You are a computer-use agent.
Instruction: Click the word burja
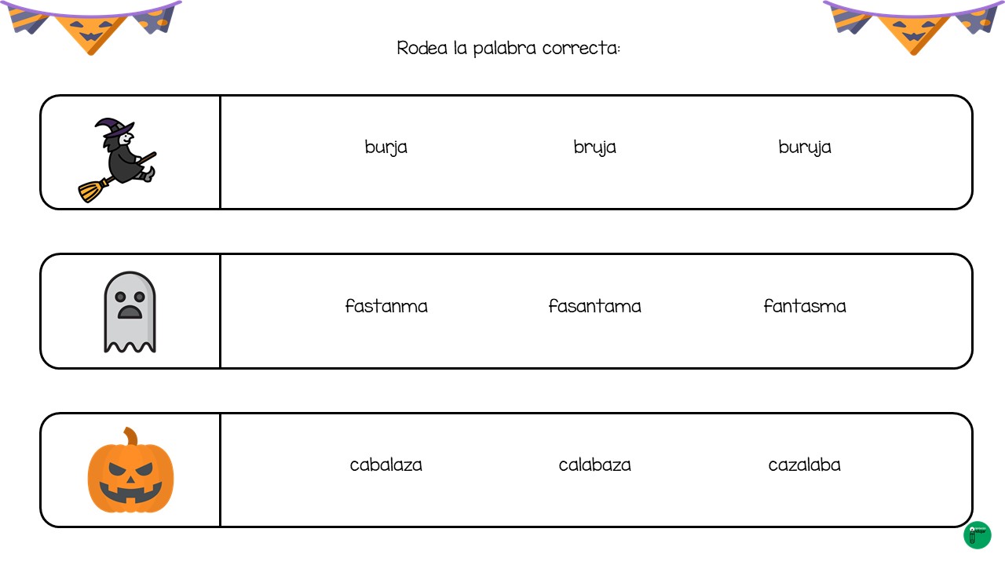(x=386, y=148)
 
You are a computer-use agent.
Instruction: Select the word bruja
(x=594, y=148)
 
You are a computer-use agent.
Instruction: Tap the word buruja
(x=805, y=148)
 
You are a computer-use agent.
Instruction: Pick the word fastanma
(x=386, y=306)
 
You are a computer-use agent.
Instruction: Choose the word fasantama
(x=594, y=306)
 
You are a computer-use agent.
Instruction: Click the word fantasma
(x=805, y=306)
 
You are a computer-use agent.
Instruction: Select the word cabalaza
(x=386, y=465)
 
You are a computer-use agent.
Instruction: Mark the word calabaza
(x=594, y=465)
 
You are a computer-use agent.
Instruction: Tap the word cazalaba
(x=805, y=465)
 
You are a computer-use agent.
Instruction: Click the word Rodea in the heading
(x=422, y=48)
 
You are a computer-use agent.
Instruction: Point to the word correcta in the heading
(x=580, y=48)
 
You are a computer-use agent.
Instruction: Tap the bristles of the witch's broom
(x=93, y=191)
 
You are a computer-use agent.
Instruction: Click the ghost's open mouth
(x=130, y=312)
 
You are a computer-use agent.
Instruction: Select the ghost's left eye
(x=120, y=297)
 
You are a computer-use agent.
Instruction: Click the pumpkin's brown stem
(x=131, y=436)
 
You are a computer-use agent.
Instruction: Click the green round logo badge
(x=978, y=535)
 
